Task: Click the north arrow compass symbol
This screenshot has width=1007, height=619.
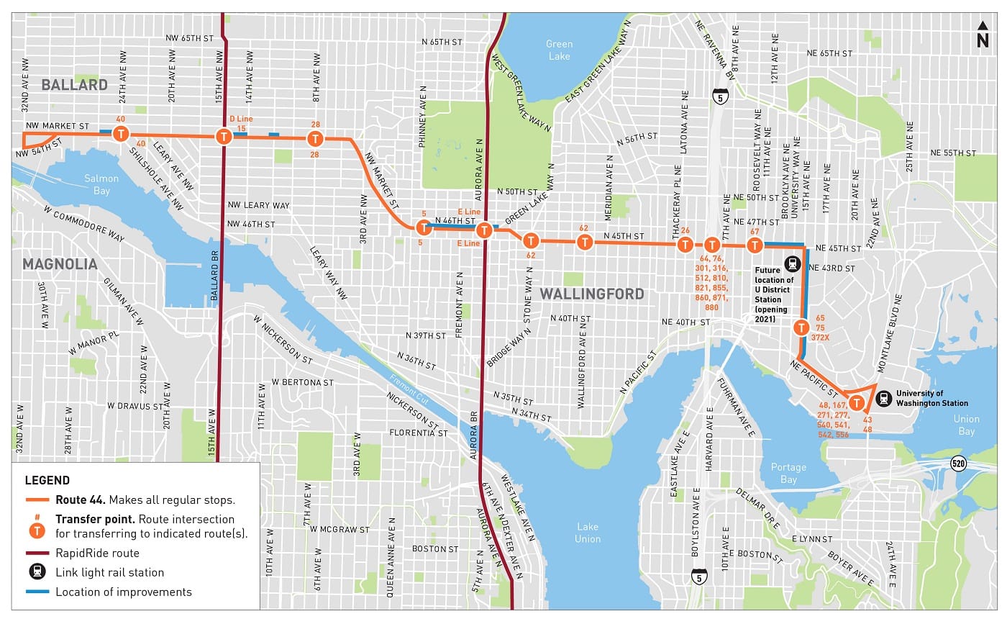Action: click(x=983, y=35)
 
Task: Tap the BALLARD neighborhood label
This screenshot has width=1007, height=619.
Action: click(x=74, y=85)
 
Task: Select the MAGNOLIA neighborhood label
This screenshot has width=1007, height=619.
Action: click(x=60, y=264)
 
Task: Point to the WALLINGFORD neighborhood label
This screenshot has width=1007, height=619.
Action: click(x=592, y=294)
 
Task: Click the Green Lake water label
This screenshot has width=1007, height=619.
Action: click(x=559, y=50)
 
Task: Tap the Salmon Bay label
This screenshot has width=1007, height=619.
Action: click(x=101, y=184)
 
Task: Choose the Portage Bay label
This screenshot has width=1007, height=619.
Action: click(x=789, y=473)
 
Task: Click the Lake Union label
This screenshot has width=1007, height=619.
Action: click(x=587, y=532)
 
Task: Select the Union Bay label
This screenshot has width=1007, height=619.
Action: click(x=966, y=425)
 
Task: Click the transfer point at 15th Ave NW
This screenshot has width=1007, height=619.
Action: click(x=224, y=136)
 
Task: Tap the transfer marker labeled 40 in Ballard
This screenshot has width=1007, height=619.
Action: click(x=122, y=133)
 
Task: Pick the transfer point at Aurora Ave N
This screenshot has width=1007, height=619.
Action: click(x=485, y=230)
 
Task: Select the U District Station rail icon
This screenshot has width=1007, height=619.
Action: click(x=792, y=264)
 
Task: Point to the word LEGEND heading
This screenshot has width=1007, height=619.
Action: click(x=47, y=480)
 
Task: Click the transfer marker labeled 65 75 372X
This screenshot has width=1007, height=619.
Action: click(x=801, y=327)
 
